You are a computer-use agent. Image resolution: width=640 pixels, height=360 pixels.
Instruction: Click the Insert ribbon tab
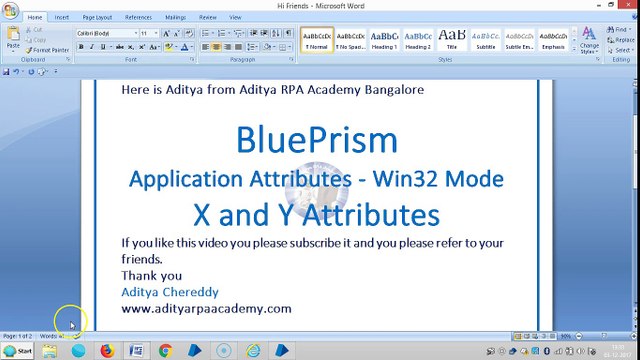[62, 17]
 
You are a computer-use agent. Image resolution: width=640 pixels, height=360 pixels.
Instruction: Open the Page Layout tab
[97, 17]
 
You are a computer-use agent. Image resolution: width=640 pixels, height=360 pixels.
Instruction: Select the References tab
[138, 17]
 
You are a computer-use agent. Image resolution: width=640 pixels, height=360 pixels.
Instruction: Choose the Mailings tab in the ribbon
[175, 17]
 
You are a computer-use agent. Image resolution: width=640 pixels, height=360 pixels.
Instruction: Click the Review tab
[208, 17]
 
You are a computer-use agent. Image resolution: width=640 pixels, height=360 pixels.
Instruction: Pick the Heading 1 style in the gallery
[384, 40]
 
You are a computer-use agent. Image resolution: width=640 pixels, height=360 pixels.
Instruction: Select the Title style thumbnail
[452, 40]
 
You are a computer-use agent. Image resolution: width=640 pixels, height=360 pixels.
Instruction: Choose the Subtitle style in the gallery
[486, 40]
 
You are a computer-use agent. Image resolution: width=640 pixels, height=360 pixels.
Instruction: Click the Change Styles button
[590, 42]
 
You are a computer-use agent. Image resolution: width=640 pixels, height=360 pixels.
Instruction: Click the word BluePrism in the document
[317, 139]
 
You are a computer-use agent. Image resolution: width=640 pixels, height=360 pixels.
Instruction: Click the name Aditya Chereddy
[170, 292]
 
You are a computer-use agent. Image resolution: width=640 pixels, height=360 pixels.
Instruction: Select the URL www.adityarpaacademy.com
[206, 308]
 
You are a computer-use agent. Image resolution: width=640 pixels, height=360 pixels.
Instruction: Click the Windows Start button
[17, 351]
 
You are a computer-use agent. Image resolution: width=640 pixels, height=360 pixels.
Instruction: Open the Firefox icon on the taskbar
[107, 351]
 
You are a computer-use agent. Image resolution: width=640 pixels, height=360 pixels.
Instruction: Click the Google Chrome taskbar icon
[166, 351]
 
